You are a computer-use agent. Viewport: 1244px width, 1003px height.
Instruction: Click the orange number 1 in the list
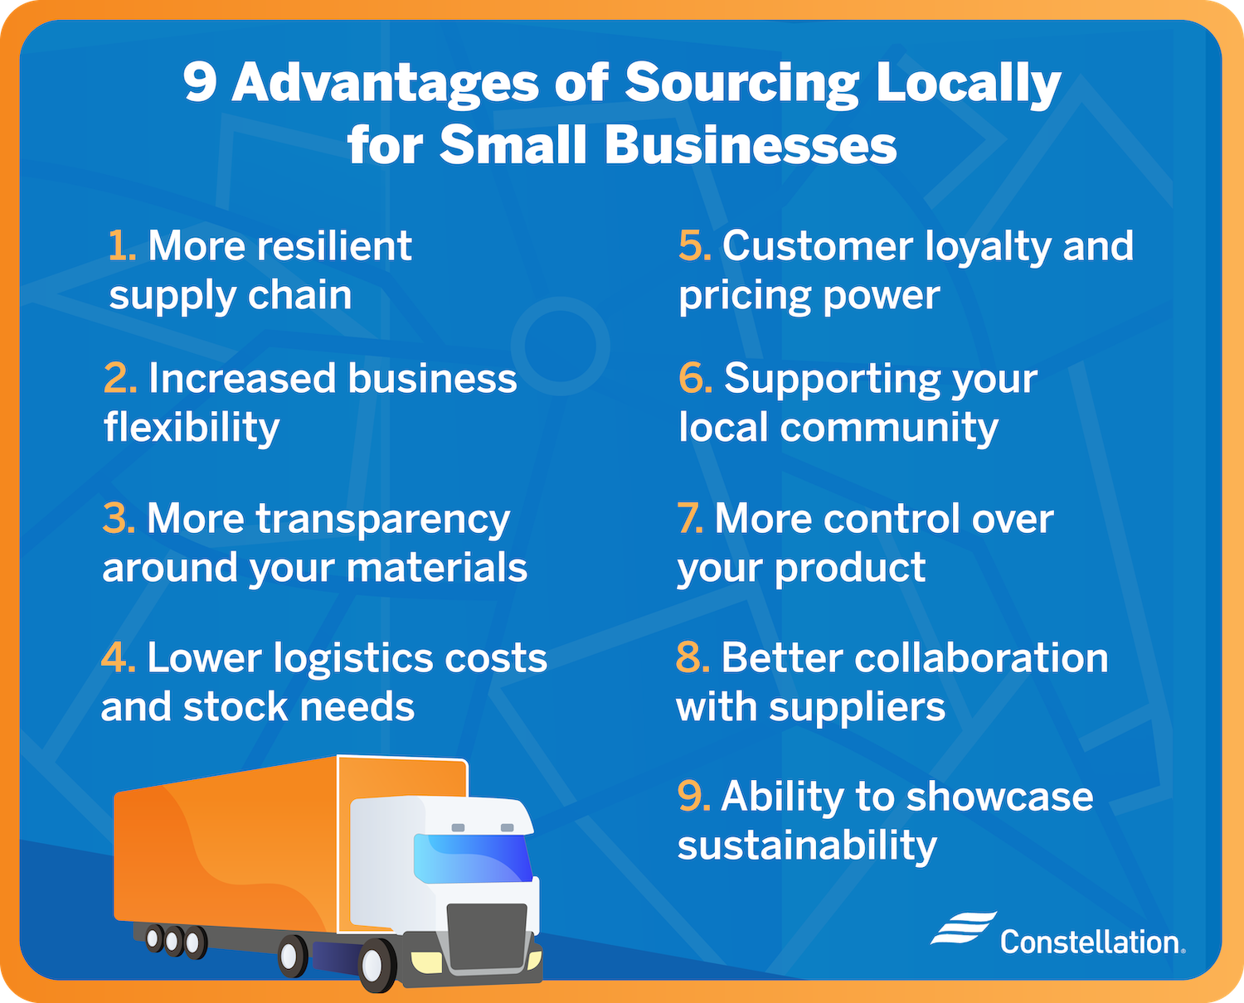pyautogui.click(x=121, y=246)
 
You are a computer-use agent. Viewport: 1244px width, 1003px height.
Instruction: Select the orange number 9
pyautogui.click(x=693, y=797)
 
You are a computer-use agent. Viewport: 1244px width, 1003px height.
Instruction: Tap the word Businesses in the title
pyautogui.click(x=751, y=146)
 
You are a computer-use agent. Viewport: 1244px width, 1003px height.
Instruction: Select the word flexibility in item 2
pyautogui.click(x=192, y=428)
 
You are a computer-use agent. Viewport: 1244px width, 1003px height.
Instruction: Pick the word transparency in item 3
pyautogui.click(x=382, y=521)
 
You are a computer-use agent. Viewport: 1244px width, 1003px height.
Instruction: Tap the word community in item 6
pyautogui.click(x=888, y=428)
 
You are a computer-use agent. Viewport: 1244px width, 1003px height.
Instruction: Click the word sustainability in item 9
pyautogui.click(x=807, y=846)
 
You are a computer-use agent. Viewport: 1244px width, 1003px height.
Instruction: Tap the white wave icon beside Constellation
pyautogui.click(x=963, y=928)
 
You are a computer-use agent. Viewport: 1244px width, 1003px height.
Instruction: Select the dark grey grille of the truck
pyautogui.click(x=487, y=937)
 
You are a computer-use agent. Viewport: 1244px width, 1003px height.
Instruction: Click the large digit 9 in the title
pyautogui.click(x=200, y=83)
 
